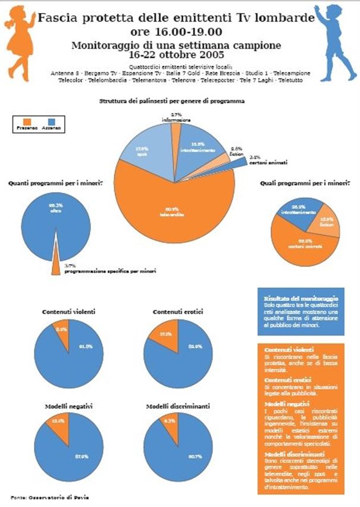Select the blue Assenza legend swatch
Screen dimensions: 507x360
click(x=49, y=121)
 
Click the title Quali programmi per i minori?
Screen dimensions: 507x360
click(x=305, y=183)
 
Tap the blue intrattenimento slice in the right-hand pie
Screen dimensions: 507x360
click(x=298, y=209)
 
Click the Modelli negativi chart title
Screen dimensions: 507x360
click(x=68, y=406)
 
